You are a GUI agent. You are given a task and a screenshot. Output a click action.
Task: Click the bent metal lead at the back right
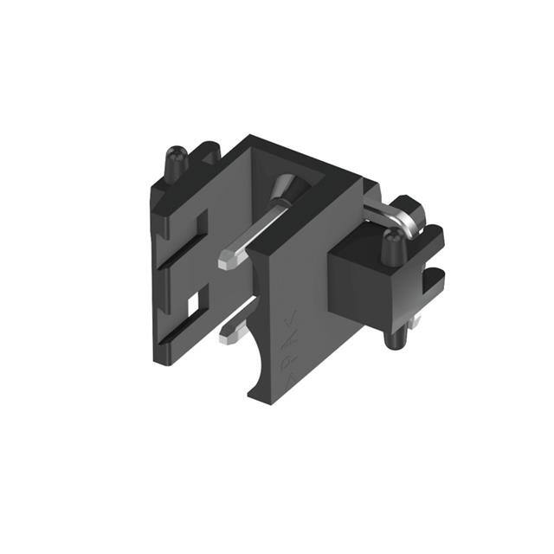[391, 212]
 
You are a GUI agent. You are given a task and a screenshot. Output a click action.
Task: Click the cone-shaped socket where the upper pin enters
[285, 189]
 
